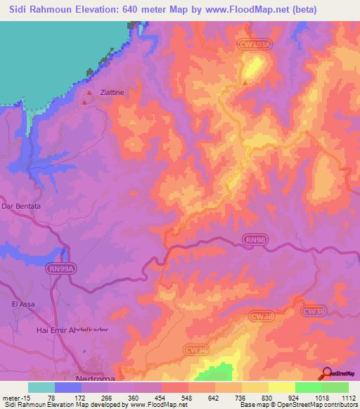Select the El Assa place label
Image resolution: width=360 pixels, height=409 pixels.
coord(23,304)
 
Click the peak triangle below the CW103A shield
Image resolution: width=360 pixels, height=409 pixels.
coord(245,83)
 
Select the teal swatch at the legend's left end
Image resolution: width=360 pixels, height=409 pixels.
coord(41,387)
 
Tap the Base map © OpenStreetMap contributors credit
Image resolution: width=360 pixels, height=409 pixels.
coord(298,405)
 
